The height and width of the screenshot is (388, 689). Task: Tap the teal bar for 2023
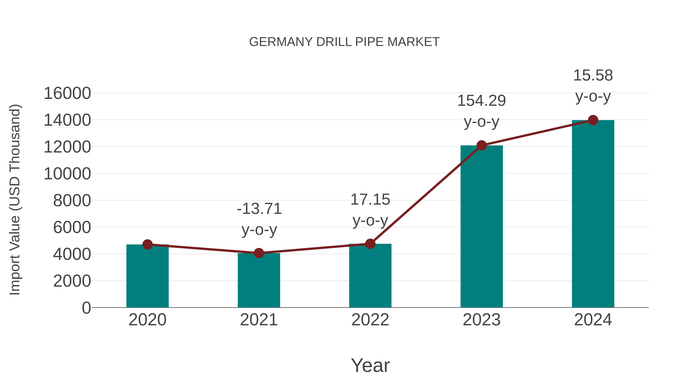(x=482, y=226)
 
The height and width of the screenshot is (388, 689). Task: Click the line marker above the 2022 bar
(x=370, y=244)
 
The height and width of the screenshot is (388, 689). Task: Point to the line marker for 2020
(x=147, y=244)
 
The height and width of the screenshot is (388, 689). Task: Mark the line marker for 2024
(x=593, y=120)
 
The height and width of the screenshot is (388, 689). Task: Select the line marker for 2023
(x=482, y=145)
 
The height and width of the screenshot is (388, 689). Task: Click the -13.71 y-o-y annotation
(x=259, y=219)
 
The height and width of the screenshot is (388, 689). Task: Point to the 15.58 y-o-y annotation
(x=593, y=85)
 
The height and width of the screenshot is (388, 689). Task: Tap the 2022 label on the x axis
(x=370, y=320)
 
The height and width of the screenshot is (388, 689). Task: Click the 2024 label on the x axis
(x=593, y=320)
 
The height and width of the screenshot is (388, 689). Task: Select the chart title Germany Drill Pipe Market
(x=344, y=42)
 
